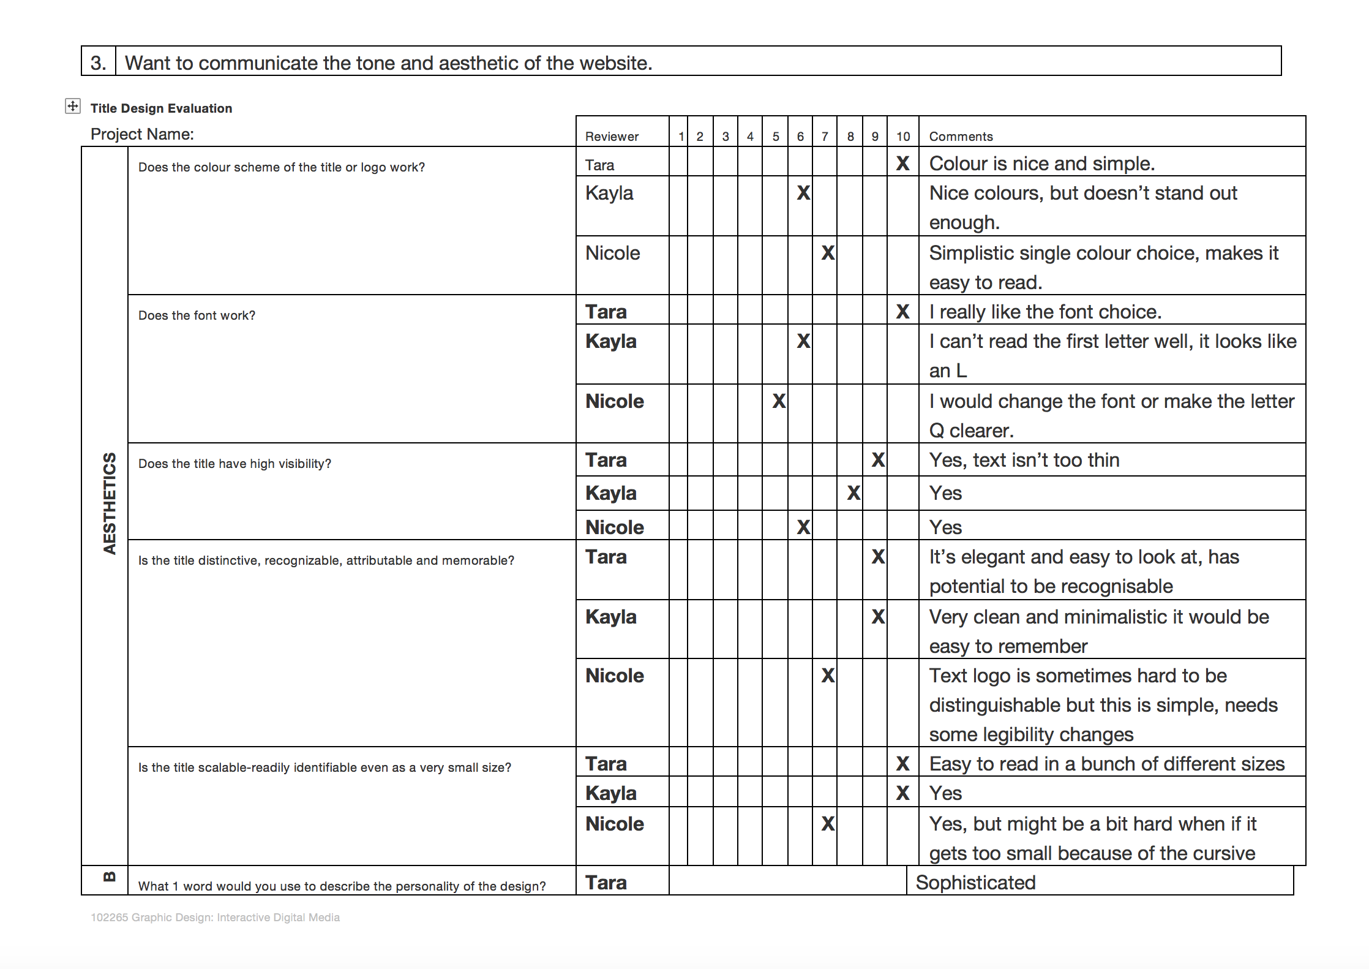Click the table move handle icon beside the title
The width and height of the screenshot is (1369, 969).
point(72,106)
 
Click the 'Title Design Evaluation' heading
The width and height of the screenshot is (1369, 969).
point(161,108)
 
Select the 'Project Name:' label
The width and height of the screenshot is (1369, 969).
point(142,134)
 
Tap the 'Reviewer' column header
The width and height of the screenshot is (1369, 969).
point(612,137)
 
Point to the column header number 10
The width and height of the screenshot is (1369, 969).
point(903,137)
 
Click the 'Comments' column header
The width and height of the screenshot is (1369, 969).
point(961,137)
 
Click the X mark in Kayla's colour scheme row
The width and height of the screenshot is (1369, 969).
point(803,193)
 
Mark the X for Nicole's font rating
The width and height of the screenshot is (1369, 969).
point(778,401)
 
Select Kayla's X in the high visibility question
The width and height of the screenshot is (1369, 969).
point(853,493)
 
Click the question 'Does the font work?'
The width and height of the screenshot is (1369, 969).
point(197,315)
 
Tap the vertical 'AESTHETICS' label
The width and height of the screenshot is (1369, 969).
point(110,503)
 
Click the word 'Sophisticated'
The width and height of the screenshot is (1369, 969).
point(975,883)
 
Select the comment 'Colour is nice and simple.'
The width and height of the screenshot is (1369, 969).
point(1041,164)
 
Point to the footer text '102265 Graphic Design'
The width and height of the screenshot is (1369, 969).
point(215,918)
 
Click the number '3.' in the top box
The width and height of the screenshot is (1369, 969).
point(98,63)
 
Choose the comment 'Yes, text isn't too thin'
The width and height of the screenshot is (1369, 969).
point(1024,460)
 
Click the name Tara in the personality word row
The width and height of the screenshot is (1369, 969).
point(606,883)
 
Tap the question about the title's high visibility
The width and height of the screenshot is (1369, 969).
point(234,464)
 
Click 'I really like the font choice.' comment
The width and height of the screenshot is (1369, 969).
point(1045,312)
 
